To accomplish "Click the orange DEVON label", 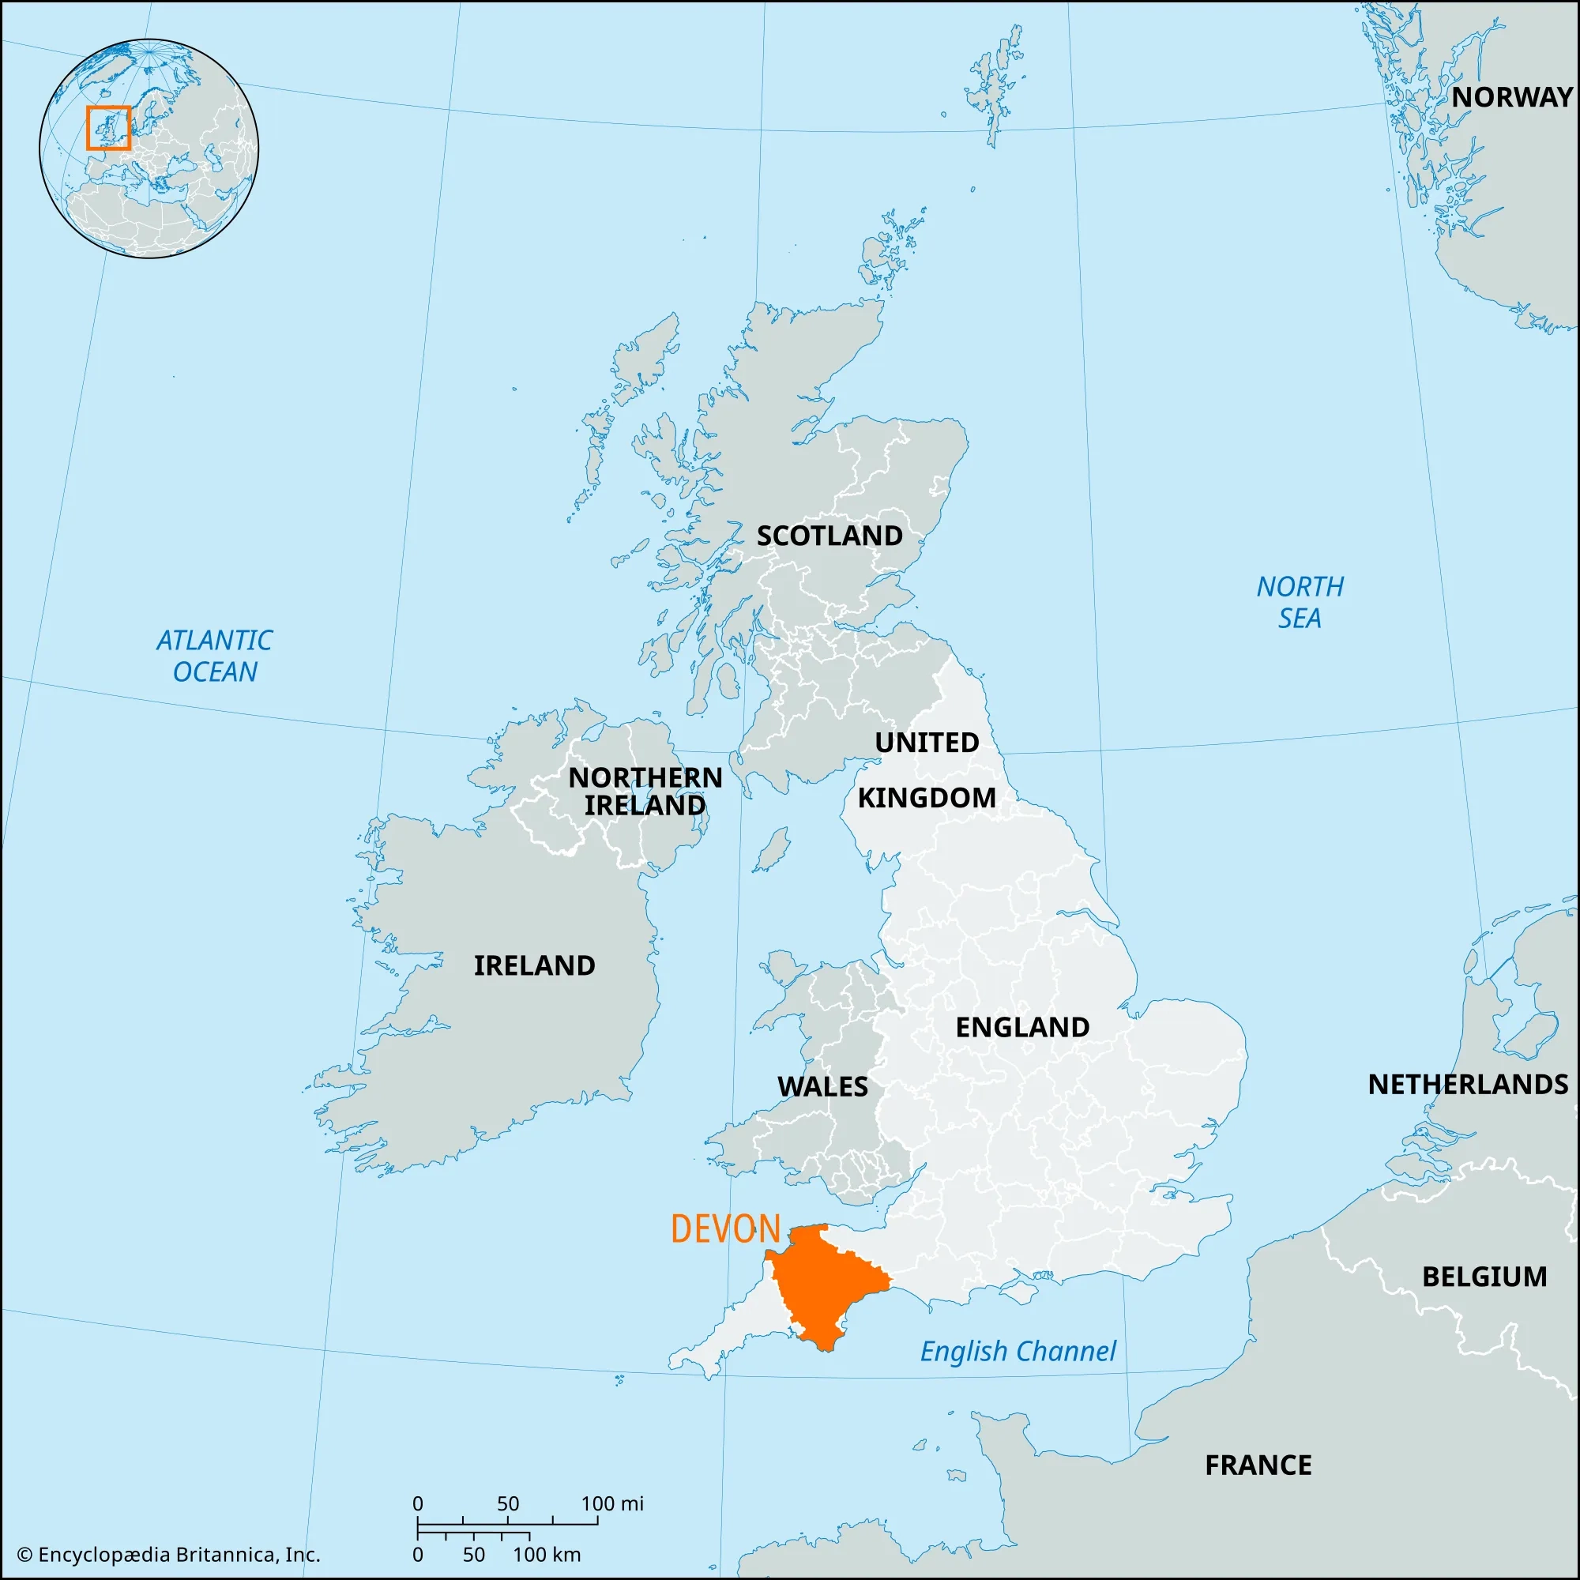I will click(x=725, y=1229).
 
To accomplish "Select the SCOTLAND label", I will click(x=829, y=536).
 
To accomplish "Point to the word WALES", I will click(x=822, y=1087).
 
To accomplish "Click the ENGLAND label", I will click(x=1022, y=1027).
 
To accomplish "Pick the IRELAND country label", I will click(x=534, y=966).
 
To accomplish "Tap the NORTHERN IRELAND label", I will click(x=645, y=791).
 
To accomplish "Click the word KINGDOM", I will click(x=927, y=797).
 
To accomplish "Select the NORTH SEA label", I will click(x=1300, y=602).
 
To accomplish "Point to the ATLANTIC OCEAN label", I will click(x=214, y=656).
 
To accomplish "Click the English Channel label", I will click(x=1018, y=1351).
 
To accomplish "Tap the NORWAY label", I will click(x=1511, y=97).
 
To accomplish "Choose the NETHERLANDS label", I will click(x=1468, y=1085).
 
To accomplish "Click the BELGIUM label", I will click(x=1484, y=1277).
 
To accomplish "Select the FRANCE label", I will click(x=1258, y=1465).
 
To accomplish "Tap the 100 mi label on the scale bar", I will click(x=611, y=1504).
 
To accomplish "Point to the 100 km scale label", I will click(x=547, y=1555).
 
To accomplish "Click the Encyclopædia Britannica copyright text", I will click(x=168, y=1555).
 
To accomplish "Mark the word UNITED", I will click(x=927, y=743).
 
